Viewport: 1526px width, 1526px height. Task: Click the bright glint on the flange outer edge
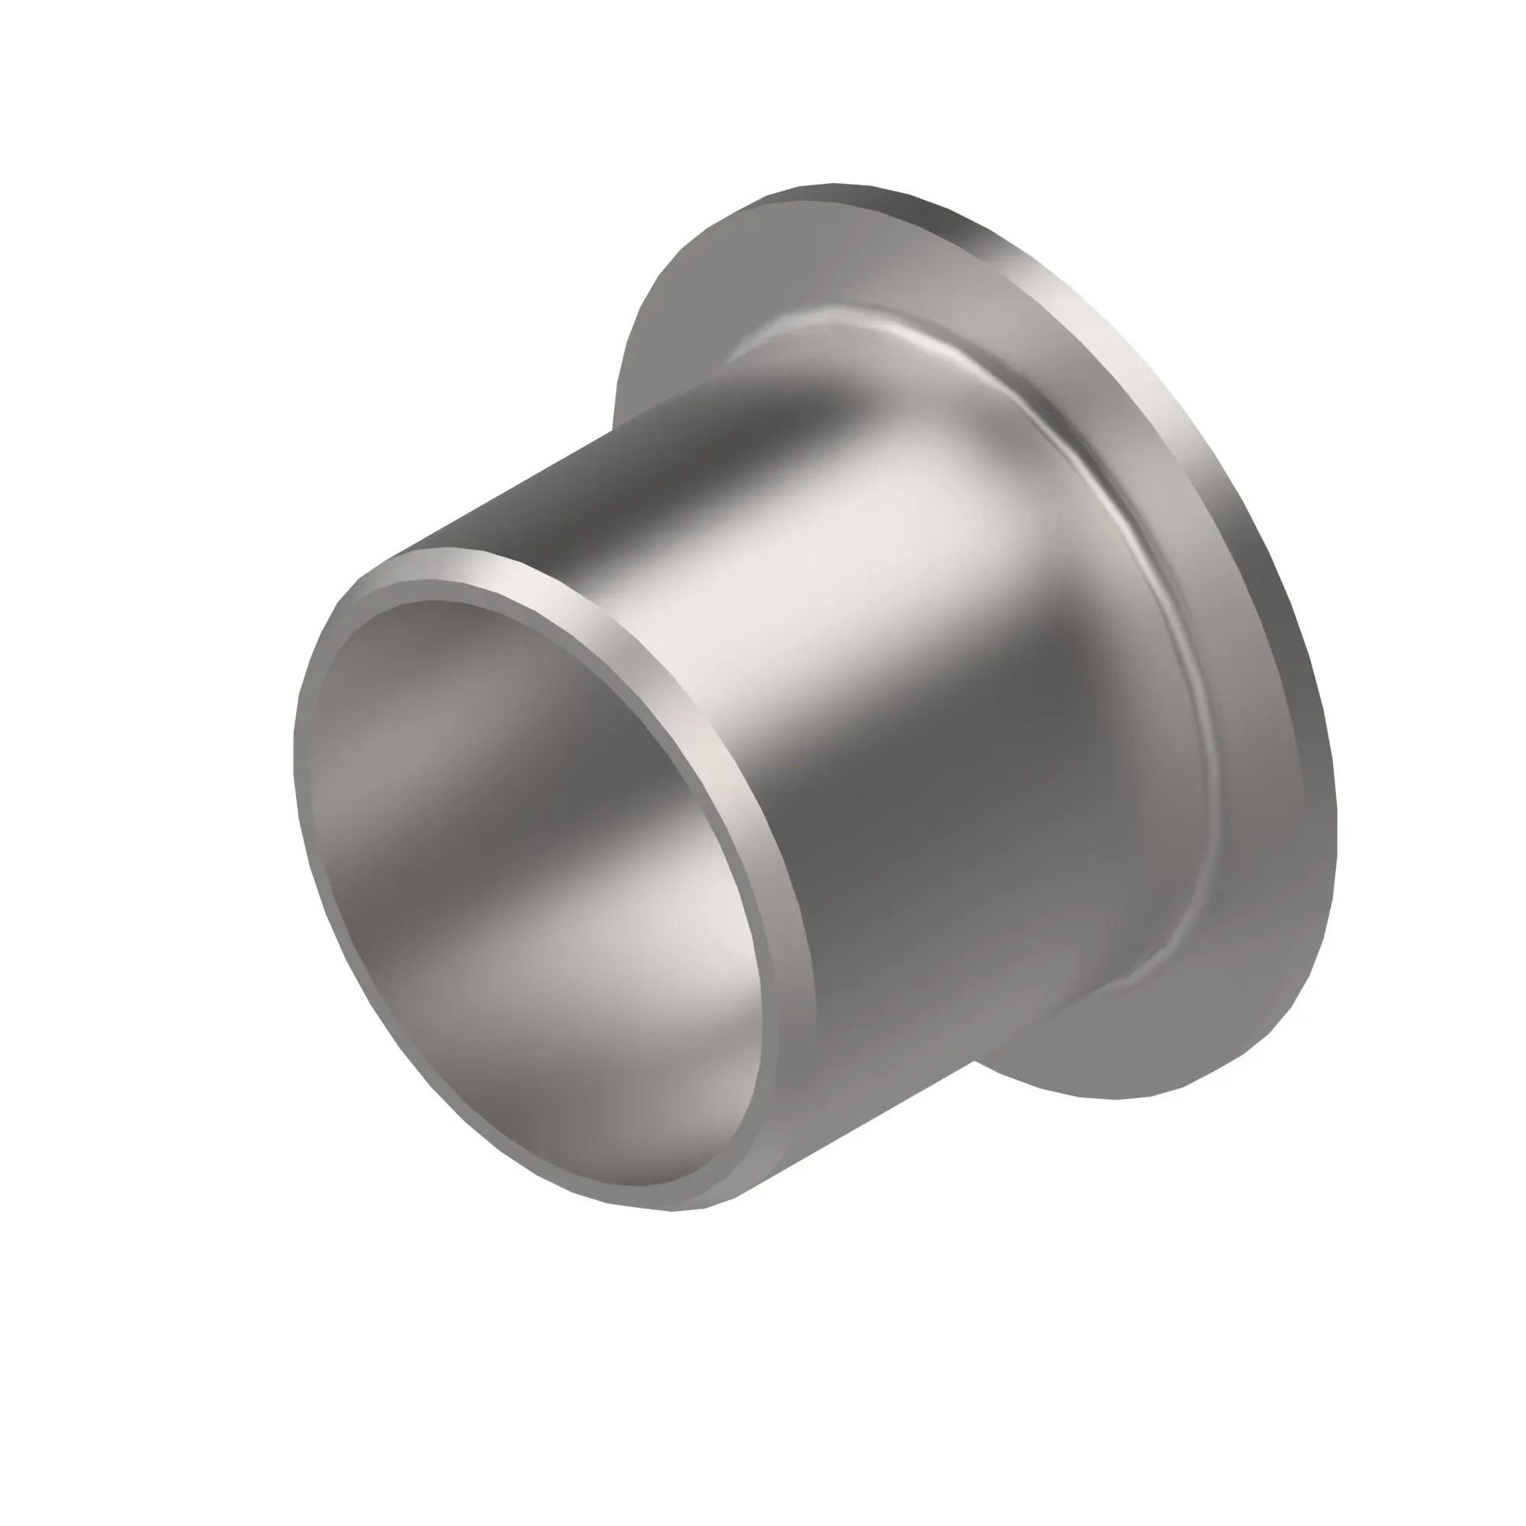(1138, 379)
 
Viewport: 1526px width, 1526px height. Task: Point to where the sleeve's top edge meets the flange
(613, 430)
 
